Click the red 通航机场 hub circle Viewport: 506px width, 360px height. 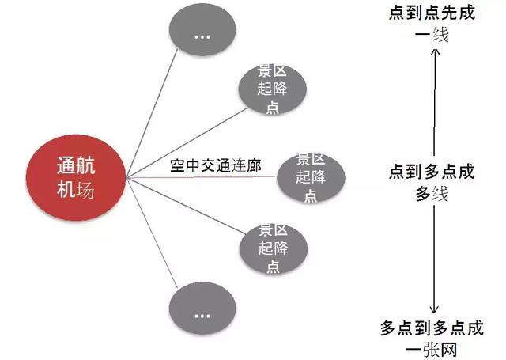tap(76, 177)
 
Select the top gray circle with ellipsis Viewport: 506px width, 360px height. tap(202, 29)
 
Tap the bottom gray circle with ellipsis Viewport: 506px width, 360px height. tap(202, 309)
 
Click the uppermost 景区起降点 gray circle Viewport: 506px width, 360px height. tap(272, 89)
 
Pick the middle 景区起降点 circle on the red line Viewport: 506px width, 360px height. tap(311, 177)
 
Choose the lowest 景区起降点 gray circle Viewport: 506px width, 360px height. tap(274, 248)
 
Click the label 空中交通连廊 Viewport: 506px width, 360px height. tap(216, 165)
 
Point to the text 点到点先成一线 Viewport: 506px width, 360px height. tap(432, 24)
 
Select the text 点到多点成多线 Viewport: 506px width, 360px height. tap(432, 183)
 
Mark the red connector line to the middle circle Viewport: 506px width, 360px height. tap(202, 177)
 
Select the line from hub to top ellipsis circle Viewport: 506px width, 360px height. tap(153, 113)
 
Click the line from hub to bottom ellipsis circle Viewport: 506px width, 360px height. tap(153, 233)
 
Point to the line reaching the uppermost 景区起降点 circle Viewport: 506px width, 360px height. tap(187, 143)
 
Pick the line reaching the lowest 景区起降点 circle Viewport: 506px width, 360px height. tap(187, 206)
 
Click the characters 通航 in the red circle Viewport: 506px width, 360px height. tap(76, 165)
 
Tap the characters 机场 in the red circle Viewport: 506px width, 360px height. tap(76, 189)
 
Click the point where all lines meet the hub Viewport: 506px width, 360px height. tap(127, 177)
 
